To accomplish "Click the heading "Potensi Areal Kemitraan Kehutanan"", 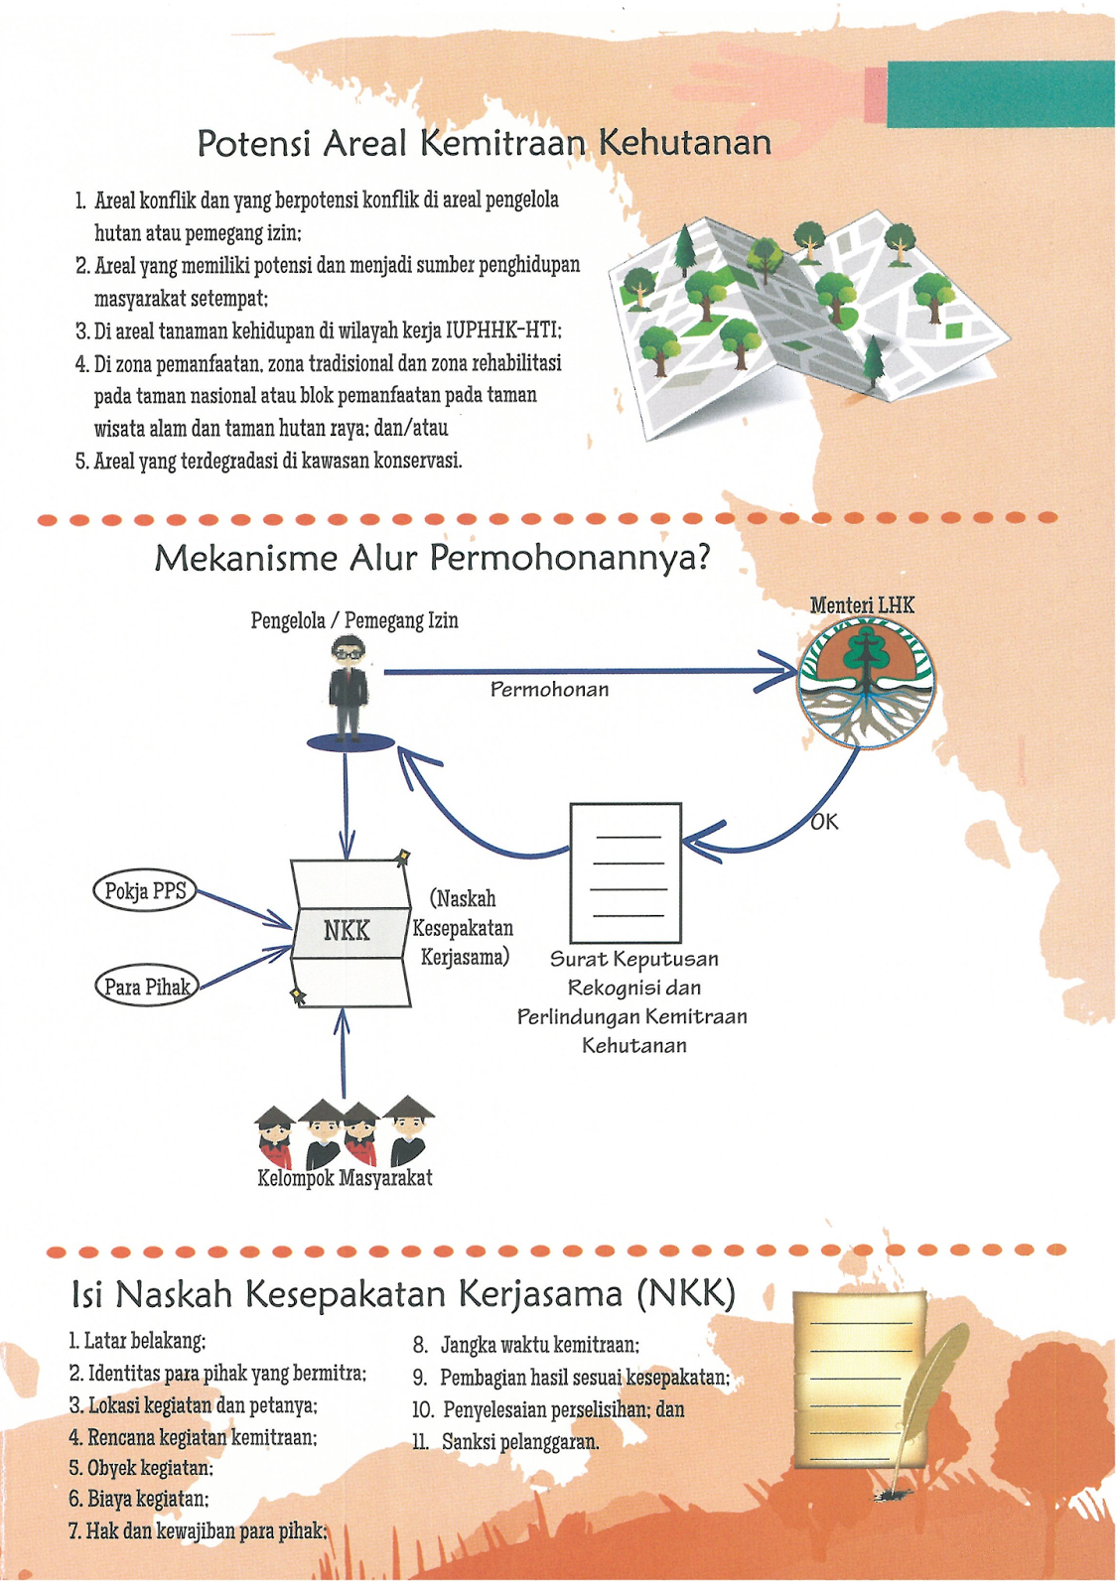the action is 485,143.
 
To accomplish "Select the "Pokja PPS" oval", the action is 145,890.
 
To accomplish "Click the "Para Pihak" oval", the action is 148,987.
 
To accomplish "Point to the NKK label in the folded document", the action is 347,930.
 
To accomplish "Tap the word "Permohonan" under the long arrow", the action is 550,690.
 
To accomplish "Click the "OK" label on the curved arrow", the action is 824,823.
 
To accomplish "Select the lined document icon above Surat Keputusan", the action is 626,872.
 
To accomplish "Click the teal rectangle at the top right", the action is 1001,94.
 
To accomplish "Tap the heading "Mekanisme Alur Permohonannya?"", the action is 432,559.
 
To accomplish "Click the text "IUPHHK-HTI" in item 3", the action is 502,331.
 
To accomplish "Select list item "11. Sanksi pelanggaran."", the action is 505,1441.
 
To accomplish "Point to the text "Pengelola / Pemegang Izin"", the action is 354,621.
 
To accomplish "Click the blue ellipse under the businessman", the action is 350,743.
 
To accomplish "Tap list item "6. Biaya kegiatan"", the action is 139,1500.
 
